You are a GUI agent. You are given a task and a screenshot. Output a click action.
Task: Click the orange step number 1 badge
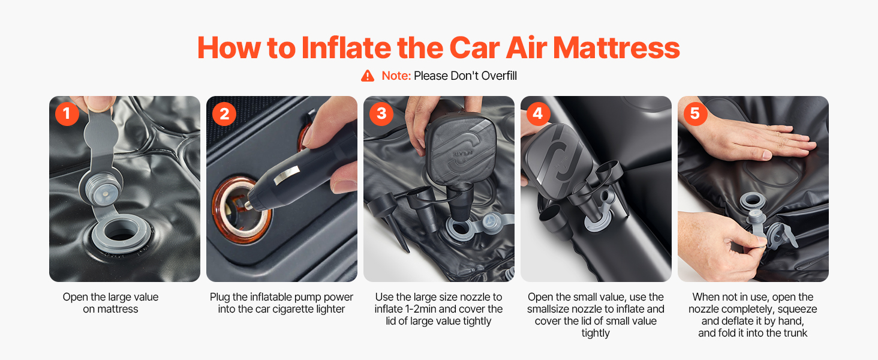[x=67, y=114]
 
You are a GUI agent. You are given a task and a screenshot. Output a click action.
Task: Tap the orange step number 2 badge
[x=224, y=114]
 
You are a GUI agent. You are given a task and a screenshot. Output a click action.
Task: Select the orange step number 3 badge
[x=381, y=114]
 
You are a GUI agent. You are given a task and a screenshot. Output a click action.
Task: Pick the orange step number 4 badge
[x=538, y=114]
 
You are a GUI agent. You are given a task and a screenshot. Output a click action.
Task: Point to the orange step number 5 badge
[x=695, y=114]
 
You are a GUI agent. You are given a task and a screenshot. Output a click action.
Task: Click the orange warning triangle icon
[x=368, y=76]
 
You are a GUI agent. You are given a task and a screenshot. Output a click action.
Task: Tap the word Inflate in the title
[x=346, y=48]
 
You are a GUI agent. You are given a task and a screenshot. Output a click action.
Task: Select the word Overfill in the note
[x=499, y=76]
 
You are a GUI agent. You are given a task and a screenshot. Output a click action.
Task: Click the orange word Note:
[x=396, y=76]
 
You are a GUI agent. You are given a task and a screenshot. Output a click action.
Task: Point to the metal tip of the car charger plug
[x=248, y=205]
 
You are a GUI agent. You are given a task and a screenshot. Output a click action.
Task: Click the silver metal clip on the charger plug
[x=287, y=175]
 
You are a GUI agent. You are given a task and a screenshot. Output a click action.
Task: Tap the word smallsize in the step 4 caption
[x=551, y=309]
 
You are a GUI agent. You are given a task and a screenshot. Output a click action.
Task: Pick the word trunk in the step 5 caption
[x=794, y=333]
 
